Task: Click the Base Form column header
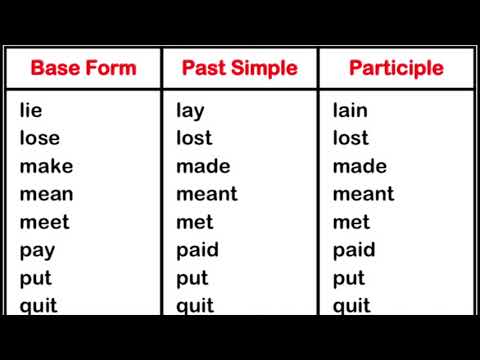pos(83,69)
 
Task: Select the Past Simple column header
pos(239,69)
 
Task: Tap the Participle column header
pos(395,69)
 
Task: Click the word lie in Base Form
pos(31,110)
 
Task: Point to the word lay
pos(190,111)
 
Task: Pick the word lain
pos(350,110)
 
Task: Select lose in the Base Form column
pos(39,138)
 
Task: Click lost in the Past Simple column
pos(194,138)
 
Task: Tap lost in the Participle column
pos(350,138)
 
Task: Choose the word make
pos(46,166)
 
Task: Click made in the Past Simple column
pos(203,166)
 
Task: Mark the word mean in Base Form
pos(46,194)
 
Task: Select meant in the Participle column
pos(363,194)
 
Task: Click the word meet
pos(44,222)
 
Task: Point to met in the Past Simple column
pos(195,222)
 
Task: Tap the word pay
pos(37,251)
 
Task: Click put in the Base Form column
pos(35,279)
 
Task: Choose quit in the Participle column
pos(351,305)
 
